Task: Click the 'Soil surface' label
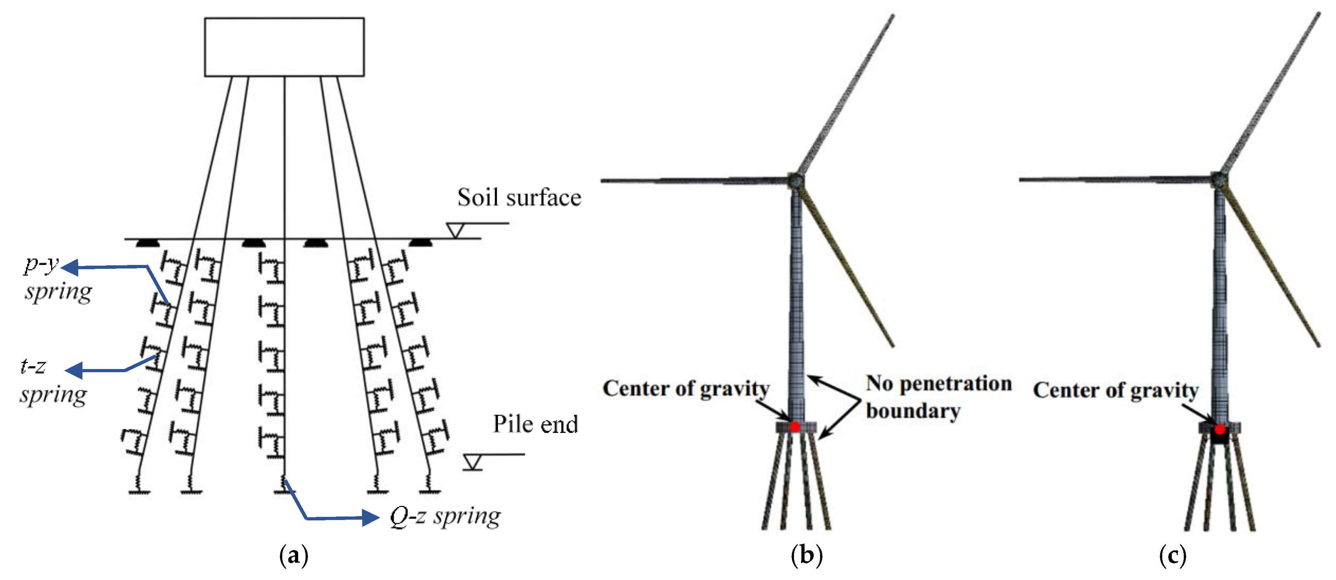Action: (519, 198)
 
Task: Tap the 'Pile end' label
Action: (535, 424)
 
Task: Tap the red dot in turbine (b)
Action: (795, 427)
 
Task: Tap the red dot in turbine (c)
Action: (1220, 429)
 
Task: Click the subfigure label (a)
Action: (294, 556)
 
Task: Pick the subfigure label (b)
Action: (806, 556)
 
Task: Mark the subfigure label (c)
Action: (1172, 556)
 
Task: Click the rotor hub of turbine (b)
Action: (796, 181)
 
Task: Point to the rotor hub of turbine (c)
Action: (1220, 180)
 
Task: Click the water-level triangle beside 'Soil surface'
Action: (455, 230)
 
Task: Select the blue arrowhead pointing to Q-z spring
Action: (370, 518)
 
